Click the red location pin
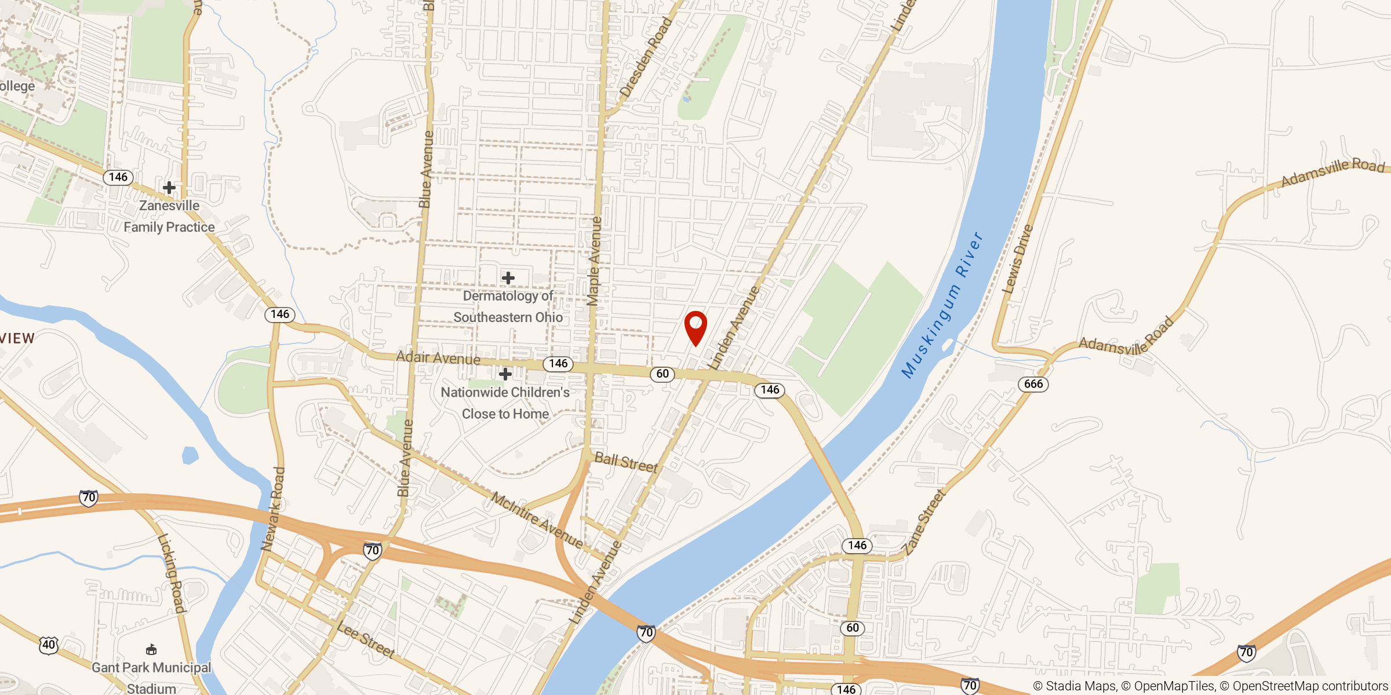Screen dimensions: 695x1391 click(x=695, y=326)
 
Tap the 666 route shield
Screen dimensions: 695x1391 click(x=1033, y=384)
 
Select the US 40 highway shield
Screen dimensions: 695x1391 click(x=49, y=645)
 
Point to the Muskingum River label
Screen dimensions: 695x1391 click(x=942, y=305)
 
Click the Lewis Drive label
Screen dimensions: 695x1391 click(x=1018, y=258)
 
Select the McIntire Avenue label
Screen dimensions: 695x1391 click(x=537, y=520)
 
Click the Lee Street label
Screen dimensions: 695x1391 click(x=366, y=640)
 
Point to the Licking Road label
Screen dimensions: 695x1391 click(x=172, y=573)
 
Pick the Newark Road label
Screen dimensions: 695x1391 click(x=273, y=509)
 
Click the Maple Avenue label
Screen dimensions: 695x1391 click(x=594, y=261)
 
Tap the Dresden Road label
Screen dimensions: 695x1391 click(x=646, y=57)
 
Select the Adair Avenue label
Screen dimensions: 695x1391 click(x=438, y=358)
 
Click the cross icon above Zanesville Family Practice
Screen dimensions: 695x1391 click(x=169, y=188)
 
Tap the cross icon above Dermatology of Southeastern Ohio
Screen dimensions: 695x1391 click(x=508, y=279)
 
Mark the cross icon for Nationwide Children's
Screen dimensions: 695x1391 click(x=505, y=374)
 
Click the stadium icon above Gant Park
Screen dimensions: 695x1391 click(x=151, y=649)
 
